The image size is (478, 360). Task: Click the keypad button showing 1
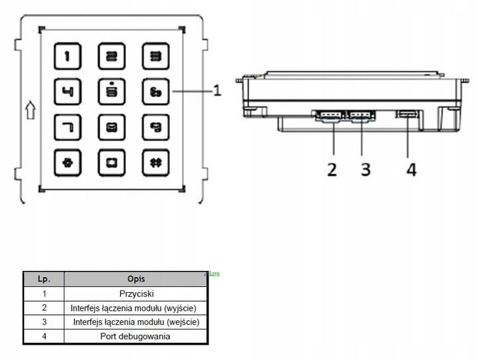[x=66, y=56]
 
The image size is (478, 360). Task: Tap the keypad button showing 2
[x=110, y=56]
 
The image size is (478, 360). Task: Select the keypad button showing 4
[x=66, y=91]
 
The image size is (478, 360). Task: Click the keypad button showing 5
[x=110, y=91]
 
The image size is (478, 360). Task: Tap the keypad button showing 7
[x=66, y=126]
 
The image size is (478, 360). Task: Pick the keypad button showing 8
[x=110, y=126]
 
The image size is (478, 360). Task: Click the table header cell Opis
[x=136, y=279]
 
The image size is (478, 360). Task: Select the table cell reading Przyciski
[x=136, y=293]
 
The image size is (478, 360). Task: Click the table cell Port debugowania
[x=136, y=336]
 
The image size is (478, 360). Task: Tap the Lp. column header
[x=44, y=279]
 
